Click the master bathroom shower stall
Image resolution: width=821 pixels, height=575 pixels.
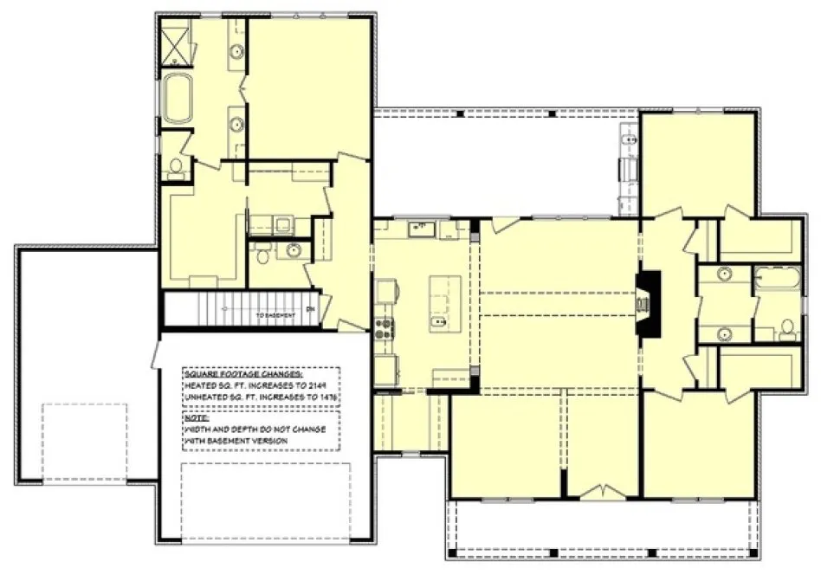[176, 45]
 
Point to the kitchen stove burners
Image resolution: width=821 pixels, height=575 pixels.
[384, 326]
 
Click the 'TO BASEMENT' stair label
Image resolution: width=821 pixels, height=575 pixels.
[276, 315]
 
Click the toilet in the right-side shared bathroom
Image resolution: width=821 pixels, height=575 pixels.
[787, 328]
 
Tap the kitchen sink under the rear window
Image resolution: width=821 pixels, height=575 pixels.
[422, 229]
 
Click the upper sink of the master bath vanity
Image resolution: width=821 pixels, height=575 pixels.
[236, 52]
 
